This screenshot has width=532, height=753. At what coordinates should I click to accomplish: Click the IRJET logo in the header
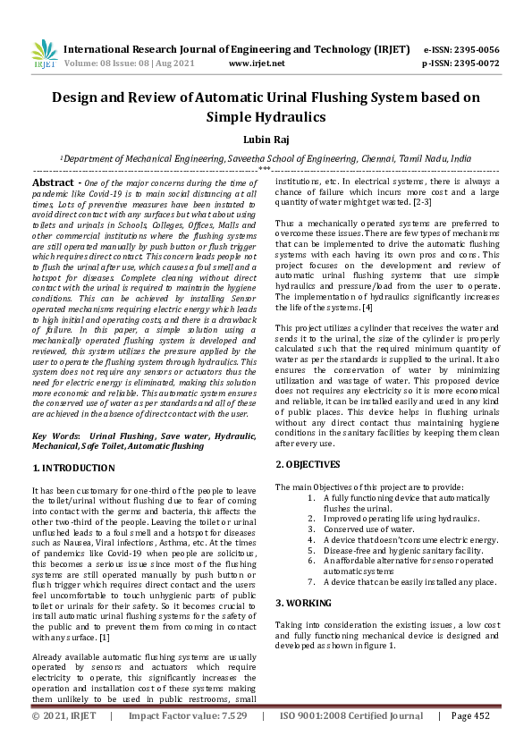click(x=43, y=55)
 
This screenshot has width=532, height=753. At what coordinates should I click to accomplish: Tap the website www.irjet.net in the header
click(x=257, y=63)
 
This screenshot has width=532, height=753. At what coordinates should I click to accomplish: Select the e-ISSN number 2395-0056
click(x=474, y=49)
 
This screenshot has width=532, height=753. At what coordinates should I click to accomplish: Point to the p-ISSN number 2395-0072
click(x=474, y=63)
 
